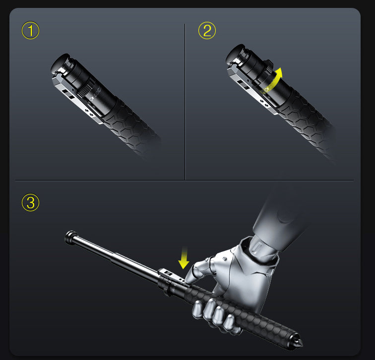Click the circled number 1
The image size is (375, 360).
pyautogui.click(x=30, y=31)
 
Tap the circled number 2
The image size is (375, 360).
pyautogui.click(x=207, y=31)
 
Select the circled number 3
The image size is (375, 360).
pyautogui.click(x=30, y=202)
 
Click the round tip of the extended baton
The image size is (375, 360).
pyautogui.click(x=70, y=235)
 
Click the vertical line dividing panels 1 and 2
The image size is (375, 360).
pyautogui.click(x=185, y=99)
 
